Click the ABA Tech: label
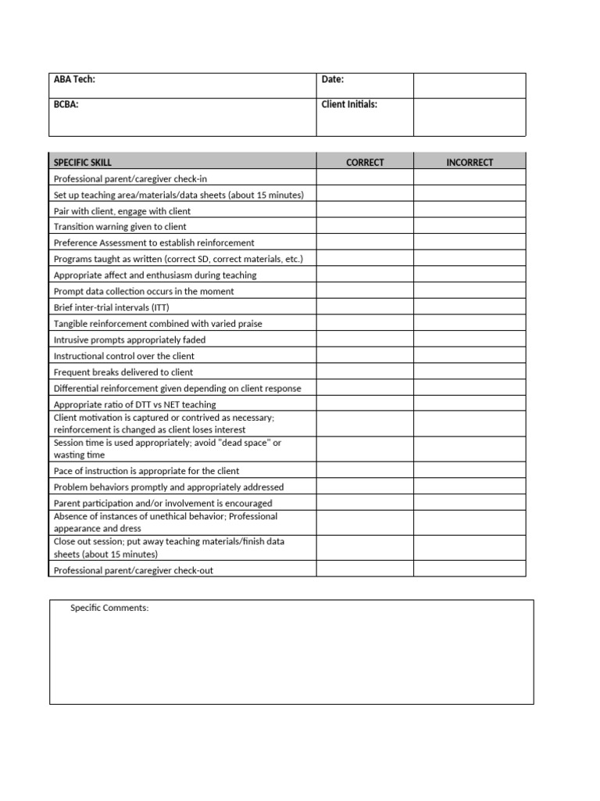tap(74, 79)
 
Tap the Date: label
tap(333, 79)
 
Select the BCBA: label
tap(66, 104)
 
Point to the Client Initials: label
tap(349, 104)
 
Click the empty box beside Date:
tap(470, 85)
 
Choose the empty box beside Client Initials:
tap(470, 117)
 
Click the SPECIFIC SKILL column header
tap(83, 163)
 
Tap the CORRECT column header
tap(365, 163)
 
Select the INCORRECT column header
tap(470, 163)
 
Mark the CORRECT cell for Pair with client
tap(365, 211)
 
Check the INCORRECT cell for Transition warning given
tap(470, 227)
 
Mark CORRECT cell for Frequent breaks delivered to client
tap(365, 372)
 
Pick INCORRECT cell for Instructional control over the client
tap(470, 356)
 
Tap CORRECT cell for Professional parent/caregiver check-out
tap(365, 570)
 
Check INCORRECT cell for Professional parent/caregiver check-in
tap(470, 178)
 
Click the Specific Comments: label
tap(109, 608)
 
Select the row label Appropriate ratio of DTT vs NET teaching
tap(134, 404)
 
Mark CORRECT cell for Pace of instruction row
tap(365, 471)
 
